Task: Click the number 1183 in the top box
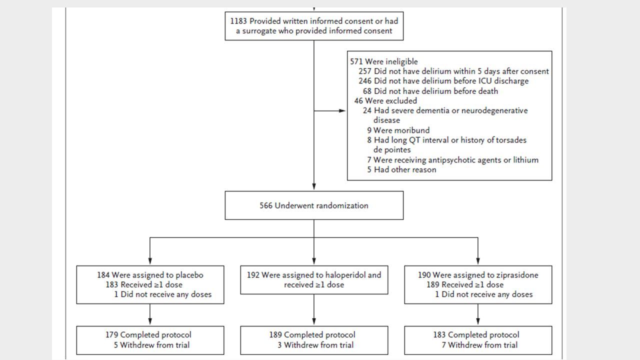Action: coord(238,21)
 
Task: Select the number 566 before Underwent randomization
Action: coord(265,205)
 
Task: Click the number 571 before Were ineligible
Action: coord(356,61)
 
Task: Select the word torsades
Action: coord(511,140)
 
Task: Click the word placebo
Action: coord(189,275)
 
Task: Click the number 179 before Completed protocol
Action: coord(111,335)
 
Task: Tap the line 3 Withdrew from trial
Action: coord(315,345)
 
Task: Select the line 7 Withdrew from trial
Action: coord(479,345)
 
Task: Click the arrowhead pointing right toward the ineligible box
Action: coord(342,111)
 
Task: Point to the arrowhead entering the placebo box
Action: coord(150,261)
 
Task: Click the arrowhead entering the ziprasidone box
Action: coord(478,261)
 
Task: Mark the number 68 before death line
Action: coord(367,91)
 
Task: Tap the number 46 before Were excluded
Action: coord(358,101)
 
